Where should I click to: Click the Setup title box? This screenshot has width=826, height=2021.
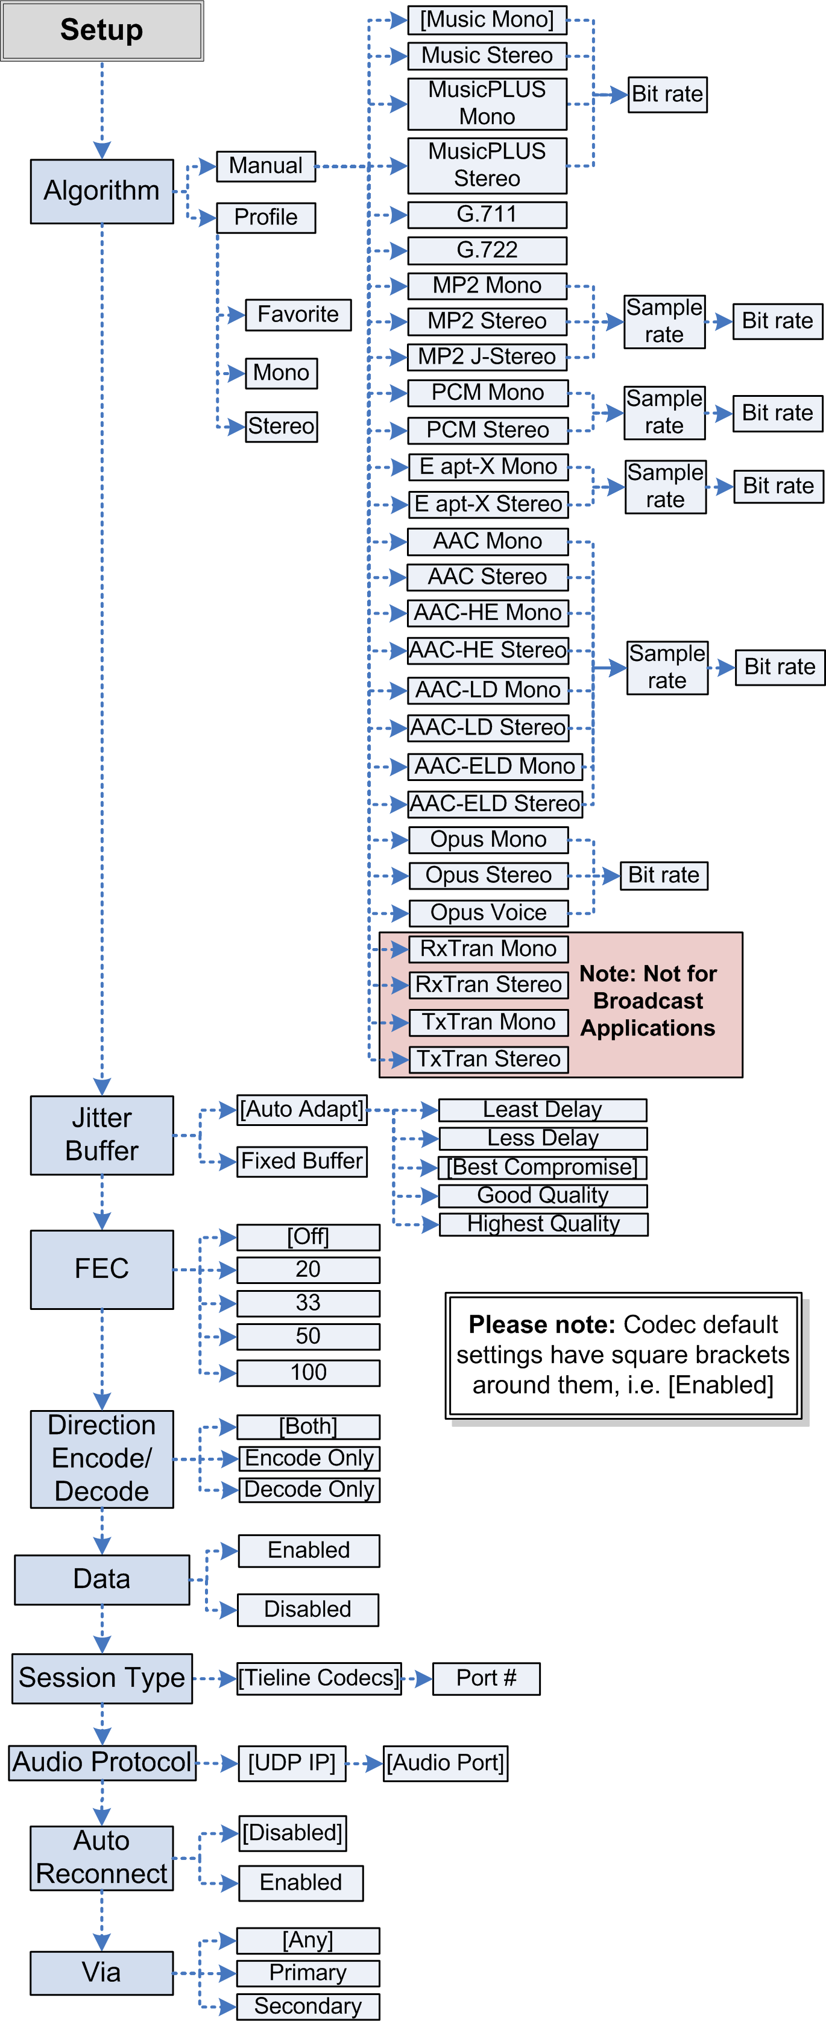102,31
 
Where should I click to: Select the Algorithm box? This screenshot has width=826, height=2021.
102,191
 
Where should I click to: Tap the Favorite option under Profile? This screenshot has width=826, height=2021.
298,315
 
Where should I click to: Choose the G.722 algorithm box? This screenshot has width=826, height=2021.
487,250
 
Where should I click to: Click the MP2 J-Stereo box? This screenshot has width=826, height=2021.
487,357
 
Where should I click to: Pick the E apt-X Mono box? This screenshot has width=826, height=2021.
488,467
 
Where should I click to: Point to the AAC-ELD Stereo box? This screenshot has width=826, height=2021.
495,803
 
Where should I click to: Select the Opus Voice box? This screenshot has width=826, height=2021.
488,912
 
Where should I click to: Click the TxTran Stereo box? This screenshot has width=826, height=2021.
488,1059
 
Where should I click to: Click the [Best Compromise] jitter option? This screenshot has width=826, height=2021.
543,1168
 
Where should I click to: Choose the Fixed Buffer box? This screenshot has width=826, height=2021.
302,1161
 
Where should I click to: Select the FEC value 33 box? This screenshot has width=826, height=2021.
308,1303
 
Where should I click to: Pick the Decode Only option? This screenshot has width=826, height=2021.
309,1489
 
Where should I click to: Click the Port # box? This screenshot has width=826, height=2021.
487,1678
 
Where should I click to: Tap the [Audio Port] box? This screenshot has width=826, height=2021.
445,1763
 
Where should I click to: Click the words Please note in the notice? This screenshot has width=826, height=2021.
542,1325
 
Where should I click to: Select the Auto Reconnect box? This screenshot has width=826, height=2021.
102,1857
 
